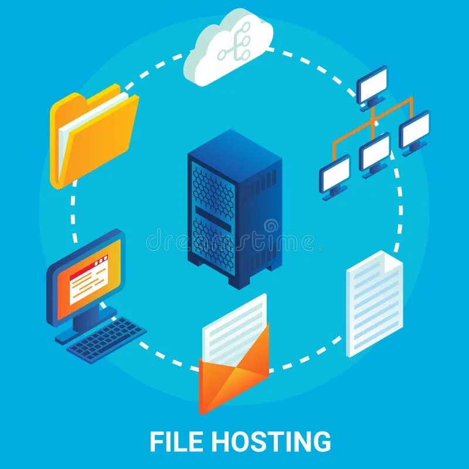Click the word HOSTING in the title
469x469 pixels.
[x=271, y=441]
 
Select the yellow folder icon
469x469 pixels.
[x=94, y=138]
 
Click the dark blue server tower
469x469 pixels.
[x=235, y=208]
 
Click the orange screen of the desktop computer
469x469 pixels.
[x=88, y=273]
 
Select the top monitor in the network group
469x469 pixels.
[x=373, y=86]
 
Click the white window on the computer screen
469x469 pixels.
[x=89, y=280]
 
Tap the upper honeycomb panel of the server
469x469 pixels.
[x=213, y=188]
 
